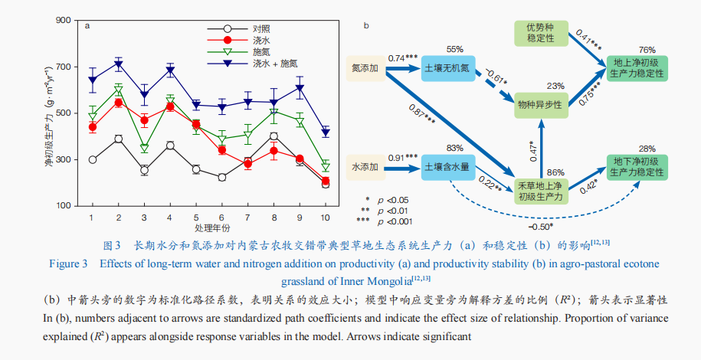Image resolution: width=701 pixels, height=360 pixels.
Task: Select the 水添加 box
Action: (365, 166)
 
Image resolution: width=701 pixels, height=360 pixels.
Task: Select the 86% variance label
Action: (556, 173)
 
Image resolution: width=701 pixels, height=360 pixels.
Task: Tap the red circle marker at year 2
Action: (119, 103)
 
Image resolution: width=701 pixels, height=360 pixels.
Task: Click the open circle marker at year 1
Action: (92, 159)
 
